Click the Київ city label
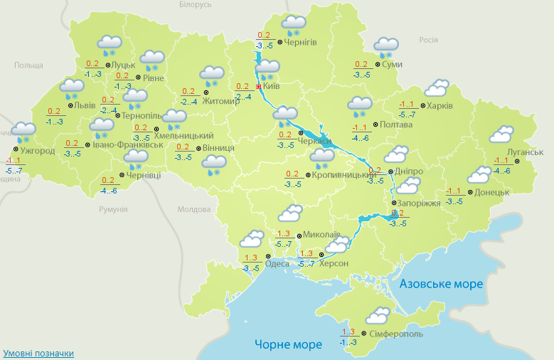[x=272, y=86]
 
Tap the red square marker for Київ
[x=258, y=86]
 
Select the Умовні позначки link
[x=38, y=354]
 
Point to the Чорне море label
[x=288, y=344]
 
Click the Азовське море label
[x=441, y=284]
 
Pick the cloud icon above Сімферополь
[x=376, y=316]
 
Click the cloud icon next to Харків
[x=435, y=88]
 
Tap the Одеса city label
[x=277, y=263]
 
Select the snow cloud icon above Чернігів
[x=293, y=25]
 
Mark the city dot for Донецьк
[x=469, y=192]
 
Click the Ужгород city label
[x=38, y=151]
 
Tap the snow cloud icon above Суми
[x=385, y=47]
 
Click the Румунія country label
[x=113, y=210]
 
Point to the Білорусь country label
[x=196, y=5]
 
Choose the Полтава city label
[x=396, y=125]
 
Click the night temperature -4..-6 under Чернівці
[x=109, y=190]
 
